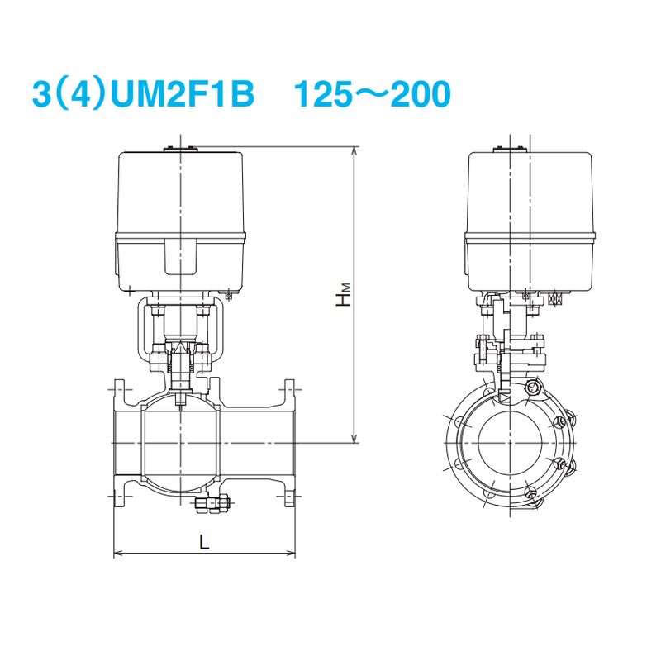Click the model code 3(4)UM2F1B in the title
(143, 93)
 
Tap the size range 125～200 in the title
(373, 93)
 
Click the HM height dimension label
(344, 294)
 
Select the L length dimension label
(204, 542)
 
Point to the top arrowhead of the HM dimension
(355, 151)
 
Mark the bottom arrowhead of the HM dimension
(355, 438)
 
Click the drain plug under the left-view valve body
(212, 503)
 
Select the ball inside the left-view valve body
(180, 440)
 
